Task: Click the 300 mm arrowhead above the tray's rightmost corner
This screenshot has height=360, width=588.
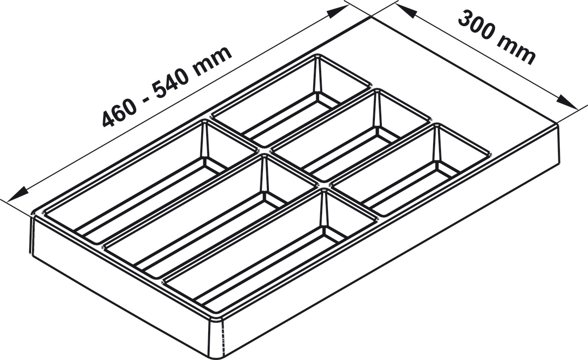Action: point(566,103)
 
